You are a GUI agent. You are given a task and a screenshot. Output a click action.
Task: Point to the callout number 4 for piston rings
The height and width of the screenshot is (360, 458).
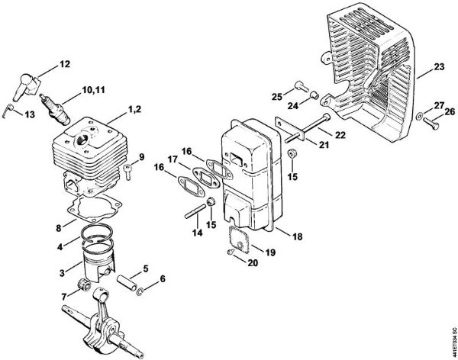tap(60, 246)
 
